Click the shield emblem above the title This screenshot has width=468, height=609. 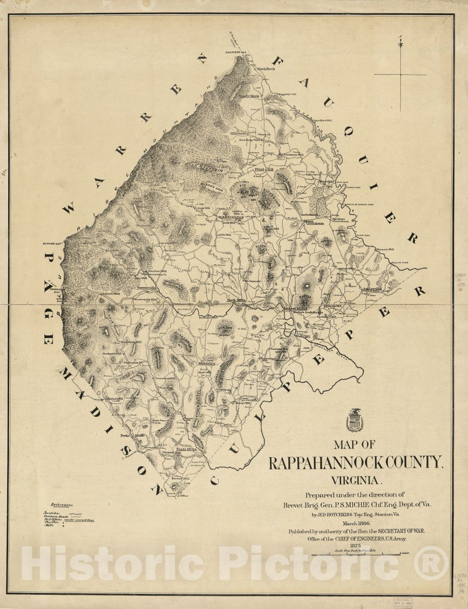[x=354, y=420]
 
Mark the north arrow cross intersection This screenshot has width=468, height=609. [x=400, y=75]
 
